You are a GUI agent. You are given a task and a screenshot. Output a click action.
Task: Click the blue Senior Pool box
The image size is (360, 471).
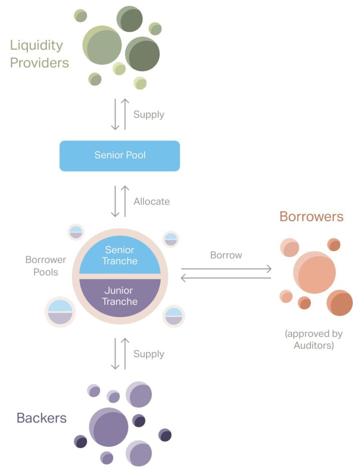(x=120, y=155)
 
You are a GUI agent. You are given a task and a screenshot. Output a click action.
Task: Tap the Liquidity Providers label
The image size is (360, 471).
(x=39, y=54)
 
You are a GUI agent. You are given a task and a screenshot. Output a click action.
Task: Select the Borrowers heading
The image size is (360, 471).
(x=311, y=216)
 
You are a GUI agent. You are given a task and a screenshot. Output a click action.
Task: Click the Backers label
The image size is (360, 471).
(x=41, y=417)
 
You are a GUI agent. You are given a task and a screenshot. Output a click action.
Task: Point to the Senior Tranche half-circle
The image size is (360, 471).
(x=120, y=255)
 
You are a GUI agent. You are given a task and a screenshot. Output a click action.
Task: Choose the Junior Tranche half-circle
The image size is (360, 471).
(x=120, y=296)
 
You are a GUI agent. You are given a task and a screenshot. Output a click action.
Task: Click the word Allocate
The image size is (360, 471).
(x=151, y=201)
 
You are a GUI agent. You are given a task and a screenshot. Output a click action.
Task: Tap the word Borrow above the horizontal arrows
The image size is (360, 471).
(x=226, y=255)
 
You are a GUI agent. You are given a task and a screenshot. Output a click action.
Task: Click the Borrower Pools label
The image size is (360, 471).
(x=46, y=266)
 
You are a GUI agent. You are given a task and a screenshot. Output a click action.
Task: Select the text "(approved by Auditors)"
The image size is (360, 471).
(x=313, y=339)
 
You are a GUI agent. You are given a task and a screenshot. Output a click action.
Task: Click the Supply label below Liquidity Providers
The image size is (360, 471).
(x=149, y=115)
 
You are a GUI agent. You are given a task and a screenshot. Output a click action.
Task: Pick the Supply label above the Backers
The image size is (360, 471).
(x=149, y=354)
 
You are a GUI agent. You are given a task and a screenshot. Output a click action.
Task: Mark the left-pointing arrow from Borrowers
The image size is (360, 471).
(x=226, y=278)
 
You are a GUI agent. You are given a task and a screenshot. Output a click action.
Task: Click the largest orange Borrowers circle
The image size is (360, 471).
(x=314, y=272)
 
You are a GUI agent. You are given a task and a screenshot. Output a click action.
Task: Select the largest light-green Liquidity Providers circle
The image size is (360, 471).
(x=102, y=45)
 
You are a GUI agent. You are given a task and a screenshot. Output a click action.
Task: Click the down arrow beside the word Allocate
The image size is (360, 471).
(x=115, y=201)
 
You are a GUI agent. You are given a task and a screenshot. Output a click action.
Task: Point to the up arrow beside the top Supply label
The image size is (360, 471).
(x=125, y=115)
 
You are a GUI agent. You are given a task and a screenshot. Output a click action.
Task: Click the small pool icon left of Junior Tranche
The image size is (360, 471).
(x=60, y=311)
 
